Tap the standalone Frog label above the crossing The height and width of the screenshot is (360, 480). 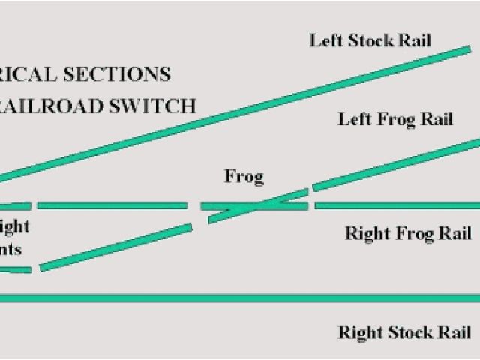pos(244,178)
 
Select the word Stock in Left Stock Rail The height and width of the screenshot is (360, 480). pos(367,40)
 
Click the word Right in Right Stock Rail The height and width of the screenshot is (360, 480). pos(358,332)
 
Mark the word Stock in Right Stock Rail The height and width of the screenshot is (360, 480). pos(407,332)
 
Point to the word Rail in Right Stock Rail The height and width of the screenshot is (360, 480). pos(453,332)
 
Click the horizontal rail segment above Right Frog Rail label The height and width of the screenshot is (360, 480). pos(397,205)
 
